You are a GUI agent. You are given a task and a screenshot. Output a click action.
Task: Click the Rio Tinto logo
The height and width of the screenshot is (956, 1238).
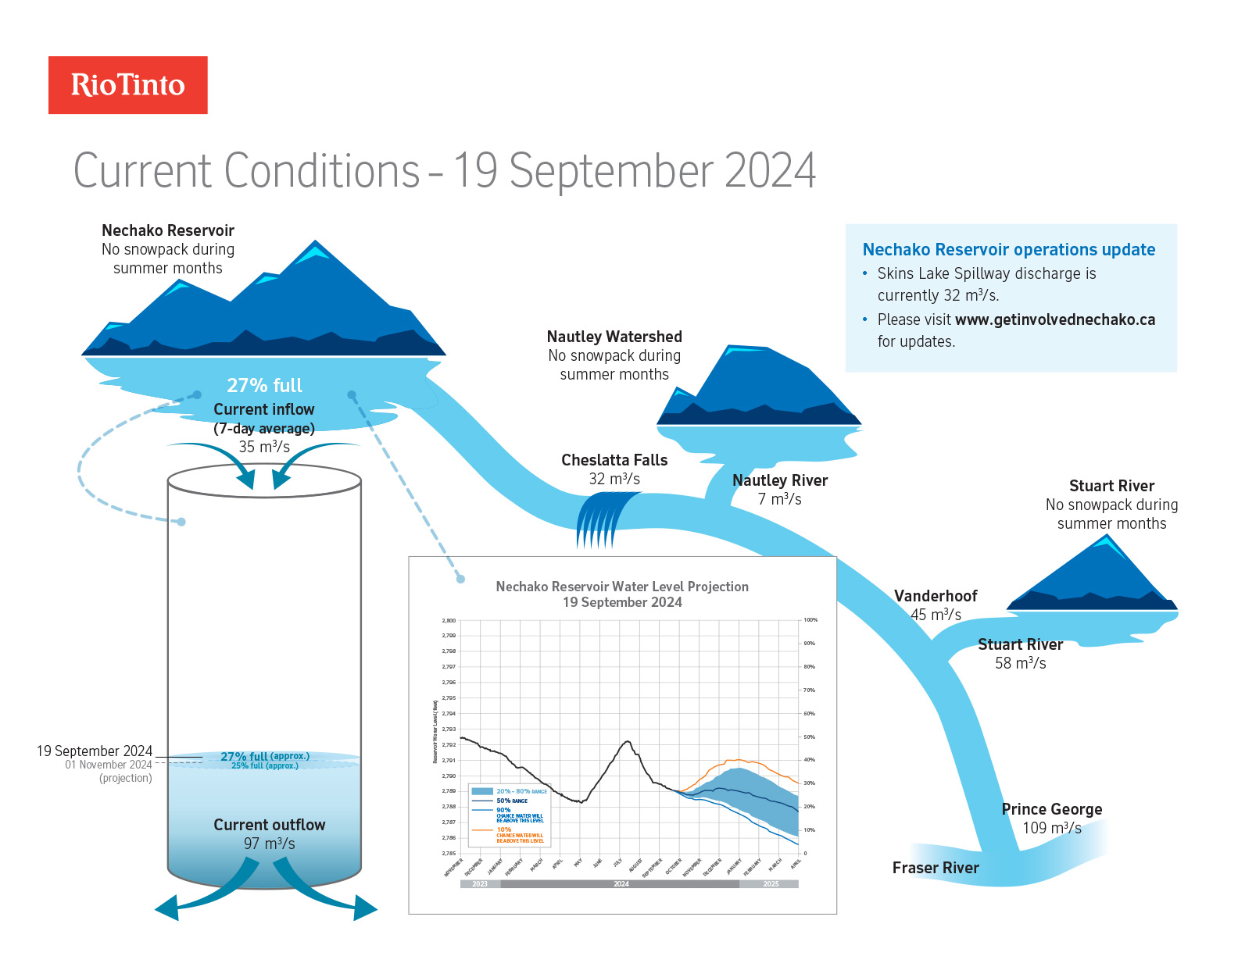128,85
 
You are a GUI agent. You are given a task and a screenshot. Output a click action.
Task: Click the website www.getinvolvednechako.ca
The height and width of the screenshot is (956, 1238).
1054,319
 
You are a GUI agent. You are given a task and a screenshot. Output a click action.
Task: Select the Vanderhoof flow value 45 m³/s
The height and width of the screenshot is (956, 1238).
936,615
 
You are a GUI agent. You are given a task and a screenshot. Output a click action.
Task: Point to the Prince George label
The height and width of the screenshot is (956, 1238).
1051,809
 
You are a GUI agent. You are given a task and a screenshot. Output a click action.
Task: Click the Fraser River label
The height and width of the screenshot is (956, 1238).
935,868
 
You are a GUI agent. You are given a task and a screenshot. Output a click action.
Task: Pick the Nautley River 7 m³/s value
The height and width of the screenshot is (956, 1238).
779,499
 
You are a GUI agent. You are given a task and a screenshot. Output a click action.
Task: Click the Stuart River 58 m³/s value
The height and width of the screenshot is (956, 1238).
1020,663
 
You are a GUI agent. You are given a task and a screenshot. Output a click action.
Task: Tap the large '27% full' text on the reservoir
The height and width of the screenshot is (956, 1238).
264,385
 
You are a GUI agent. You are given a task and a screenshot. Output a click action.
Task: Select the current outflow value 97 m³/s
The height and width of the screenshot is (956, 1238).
269,844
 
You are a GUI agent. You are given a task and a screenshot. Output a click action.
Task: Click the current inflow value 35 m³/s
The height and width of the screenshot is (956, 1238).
264,447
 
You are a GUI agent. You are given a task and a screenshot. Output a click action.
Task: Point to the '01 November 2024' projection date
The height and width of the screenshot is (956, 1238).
109,765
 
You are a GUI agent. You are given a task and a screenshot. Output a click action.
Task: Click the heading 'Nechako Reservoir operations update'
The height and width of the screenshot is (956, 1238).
1008,250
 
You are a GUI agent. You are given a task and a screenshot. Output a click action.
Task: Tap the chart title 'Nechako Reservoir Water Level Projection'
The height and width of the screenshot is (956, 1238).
622,587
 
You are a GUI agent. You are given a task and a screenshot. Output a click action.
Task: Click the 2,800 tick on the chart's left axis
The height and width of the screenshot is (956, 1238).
449,620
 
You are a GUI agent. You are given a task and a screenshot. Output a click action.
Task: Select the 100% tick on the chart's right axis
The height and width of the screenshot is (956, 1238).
810,620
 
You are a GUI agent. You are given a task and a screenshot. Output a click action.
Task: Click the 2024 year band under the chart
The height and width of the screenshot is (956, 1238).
621,884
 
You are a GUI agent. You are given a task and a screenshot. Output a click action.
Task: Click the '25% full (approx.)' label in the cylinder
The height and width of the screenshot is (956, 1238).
264,766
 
